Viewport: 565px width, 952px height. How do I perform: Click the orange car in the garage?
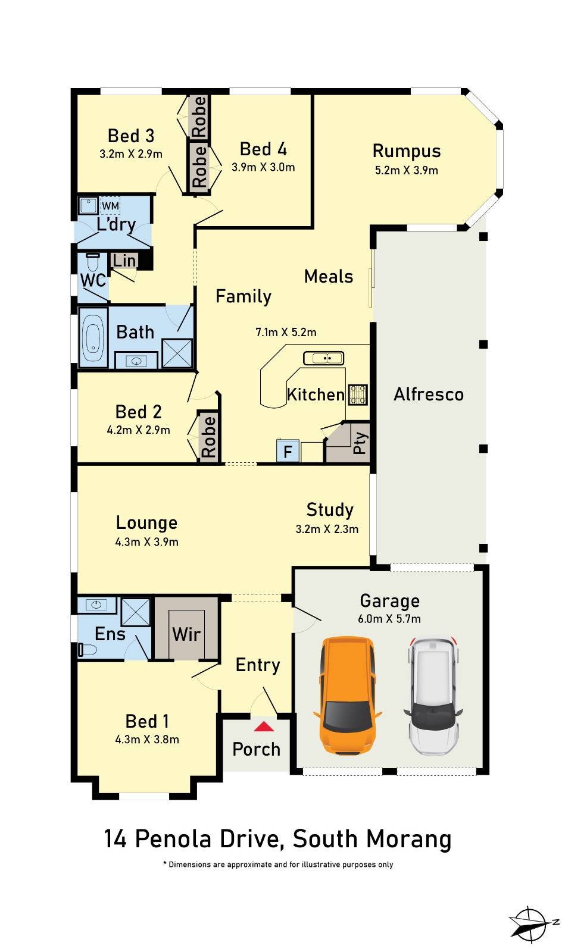tap(347, 696)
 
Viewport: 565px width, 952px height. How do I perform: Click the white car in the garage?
tap(433, 696)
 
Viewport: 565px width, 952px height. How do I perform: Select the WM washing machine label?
tap(110, 206)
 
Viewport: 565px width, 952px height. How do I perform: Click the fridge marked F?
tap(288, 451)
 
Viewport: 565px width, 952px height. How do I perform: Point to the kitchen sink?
tap(323, 358)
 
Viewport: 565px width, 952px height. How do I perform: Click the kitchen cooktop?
tap(358, 394)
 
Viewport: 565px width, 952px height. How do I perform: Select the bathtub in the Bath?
tap(93, 337)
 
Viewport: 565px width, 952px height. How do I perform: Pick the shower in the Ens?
tap(136, 612)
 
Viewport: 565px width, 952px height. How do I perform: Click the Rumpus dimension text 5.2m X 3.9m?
tap(407, 170)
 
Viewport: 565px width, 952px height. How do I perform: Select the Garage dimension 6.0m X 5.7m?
tap(389, 619)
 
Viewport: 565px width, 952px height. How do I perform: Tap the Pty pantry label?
tap(360, 443)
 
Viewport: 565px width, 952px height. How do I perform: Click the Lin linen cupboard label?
tap(124, 261)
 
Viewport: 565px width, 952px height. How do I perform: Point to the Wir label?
tap(186, 634)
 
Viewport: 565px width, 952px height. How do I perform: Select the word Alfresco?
tap(429, 394)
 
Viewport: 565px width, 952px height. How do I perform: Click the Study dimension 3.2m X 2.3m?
tap(327, 529)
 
